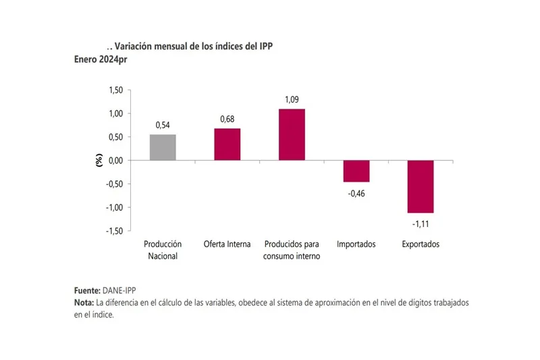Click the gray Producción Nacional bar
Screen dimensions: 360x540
pyautogui.click(x=162, y=147)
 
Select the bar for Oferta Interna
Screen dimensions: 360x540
pyautogui.click(x=227, y=144)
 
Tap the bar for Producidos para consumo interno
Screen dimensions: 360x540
pyautogui.click(x=292, y=134)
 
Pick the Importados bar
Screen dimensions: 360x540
pyautogui.click(x=356, y=171)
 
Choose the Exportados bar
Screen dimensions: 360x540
pyautogui.click(x=421, y=186)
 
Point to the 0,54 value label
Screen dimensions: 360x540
pyautogui.click(x=162, y=125)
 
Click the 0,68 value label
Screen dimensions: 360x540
pyautogui.click(x=227, y=119)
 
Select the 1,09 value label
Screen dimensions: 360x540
pyautogui.click(x=292, y=99)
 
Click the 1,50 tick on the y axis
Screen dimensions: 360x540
pyautogui.click(x=115, y=90)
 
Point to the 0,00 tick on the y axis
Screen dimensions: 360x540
pyautogui.click(x=115, y=160)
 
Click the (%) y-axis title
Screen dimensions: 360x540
pyautogui.click(x=99, y=160)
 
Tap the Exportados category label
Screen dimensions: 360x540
pyautogui.click(x=421, y=244)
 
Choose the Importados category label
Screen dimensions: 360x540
pyautogui.click(x=356, y=244)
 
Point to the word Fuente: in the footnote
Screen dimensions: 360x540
pyautogui.click(x=87, y=290)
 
